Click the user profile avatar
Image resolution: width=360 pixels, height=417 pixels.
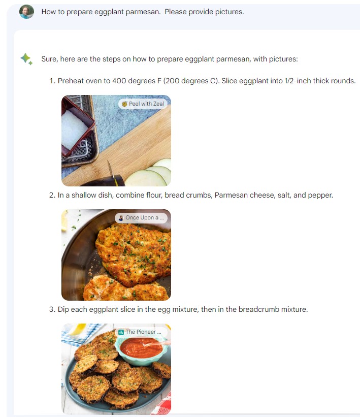point(26,12)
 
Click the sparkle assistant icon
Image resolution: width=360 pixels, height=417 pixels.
point(26,59)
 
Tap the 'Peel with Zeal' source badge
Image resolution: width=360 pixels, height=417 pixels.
point(143,104)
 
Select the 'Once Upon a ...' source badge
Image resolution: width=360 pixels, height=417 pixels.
point(141,218)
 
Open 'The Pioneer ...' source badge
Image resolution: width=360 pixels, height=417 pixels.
point(141,332)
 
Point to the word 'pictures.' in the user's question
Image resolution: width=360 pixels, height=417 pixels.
point(230,12)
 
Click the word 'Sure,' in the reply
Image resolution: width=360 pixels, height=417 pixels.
point(50,59)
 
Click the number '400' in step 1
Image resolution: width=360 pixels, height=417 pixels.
point(119,81)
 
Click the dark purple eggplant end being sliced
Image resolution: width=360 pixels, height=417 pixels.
point(104,181)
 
